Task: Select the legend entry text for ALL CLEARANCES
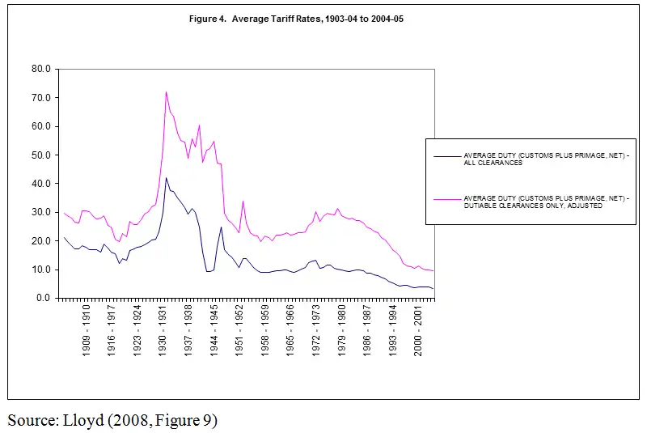pos(536,159)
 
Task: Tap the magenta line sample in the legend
pos(446,197)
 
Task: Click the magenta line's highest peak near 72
pos(166,92)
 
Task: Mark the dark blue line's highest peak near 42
pos(166,178)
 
